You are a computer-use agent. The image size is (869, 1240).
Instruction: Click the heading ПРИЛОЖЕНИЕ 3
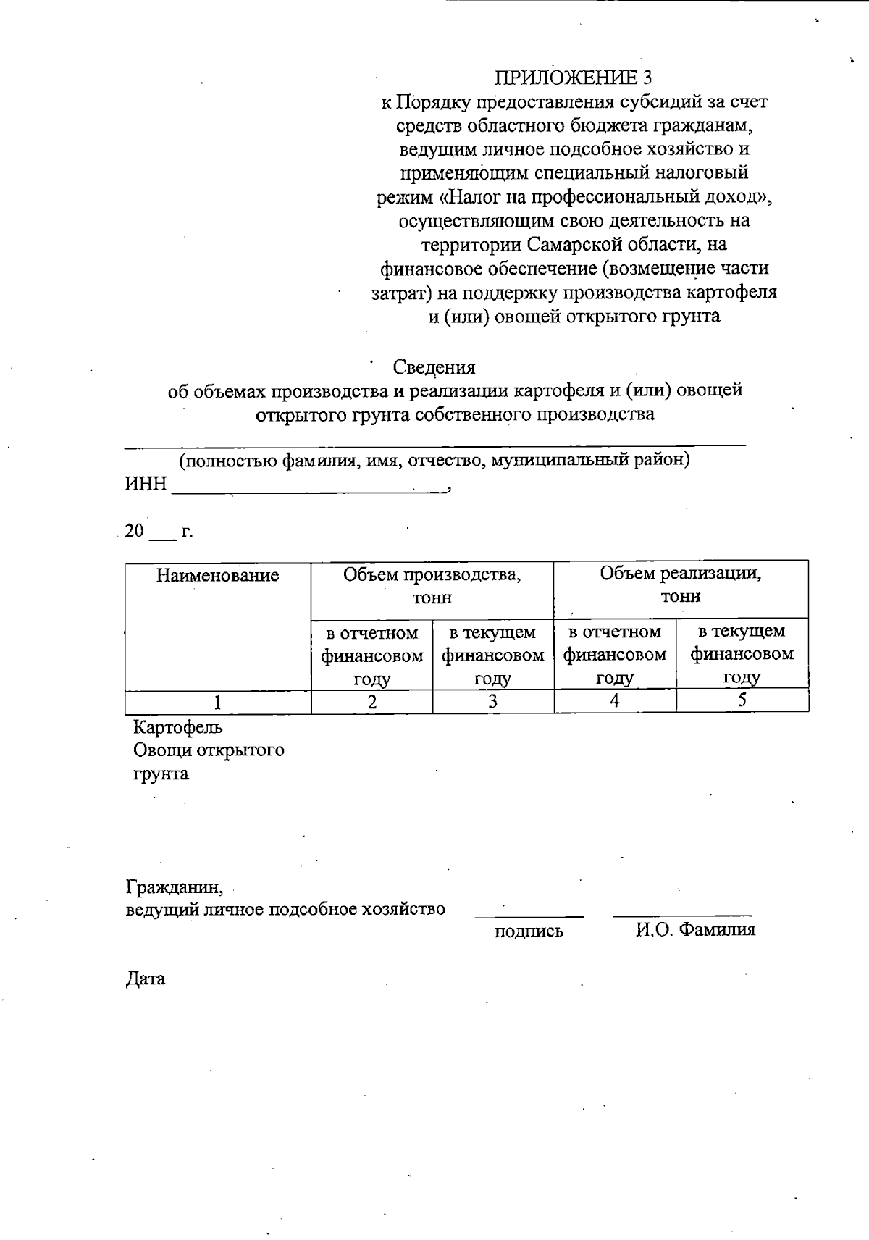click(574, 77)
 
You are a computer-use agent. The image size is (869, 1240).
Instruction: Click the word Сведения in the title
click(434, 367)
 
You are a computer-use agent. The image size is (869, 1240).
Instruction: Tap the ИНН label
click(146, 484)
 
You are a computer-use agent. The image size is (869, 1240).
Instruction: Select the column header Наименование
click(218, 576)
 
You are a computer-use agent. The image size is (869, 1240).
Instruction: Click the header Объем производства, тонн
click(432, 586)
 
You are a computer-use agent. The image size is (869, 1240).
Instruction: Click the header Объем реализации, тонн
click(680, 585)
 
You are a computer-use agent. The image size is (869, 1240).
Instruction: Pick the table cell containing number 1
click(217, 702)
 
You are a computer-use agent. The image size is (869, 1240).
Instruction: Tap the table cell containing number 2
click(371, 702)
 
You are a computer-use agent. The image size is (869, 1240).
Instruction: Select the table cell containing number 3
click(492, 702)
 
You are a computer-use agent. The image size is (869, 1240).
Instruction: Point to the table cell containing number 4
click(614, 701)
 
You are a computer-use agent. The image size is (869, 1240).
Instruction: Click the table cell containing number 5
click(742, 700)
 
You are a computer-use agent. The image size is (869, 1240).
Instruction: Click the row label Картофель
click(178, 726)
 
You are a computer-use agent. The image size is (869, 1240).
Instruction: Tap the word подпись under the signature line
click(529, 931)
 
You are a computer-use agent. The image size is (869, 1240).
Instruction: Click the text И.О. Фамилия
click(695, 930)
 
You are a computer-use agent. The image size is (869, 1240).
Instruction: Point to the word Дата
click(146, 979)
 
